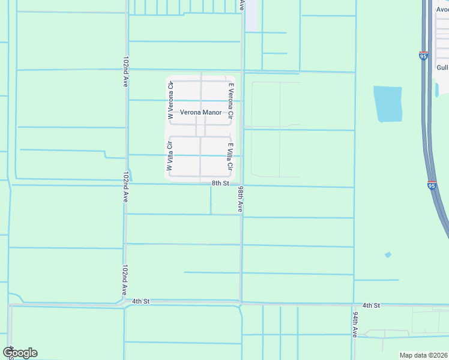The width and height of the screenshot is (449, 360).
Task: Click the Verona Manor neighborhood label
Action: tap(200, 112)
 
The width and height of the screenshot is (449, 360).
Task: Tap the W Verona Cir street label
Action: tap(170, 101)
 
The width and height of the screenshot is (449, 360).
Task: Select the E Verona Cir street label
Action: tap(230, 100)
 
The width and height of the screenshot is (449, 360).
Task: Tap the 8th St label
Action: tap(220, 183)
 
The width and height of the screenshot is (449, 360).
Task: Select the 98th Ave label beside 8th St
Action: tap(240, 199)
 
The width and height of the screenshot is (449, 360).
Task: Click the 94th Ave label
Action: tap(355, 324)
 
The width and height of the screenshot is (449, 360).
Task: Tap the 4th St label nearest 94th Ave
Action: tap(372, 305)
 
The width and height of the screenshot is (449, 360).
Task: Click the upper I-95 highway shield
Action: tap(423, 55)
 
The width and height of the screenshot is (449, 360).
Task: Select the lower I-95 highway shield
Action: tap(432, 185)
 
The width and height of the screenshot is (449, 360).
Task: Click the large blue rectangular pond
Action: tap(387, 104)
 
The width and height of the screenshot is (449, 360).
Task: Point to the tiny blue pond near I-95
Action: tap(388, 255)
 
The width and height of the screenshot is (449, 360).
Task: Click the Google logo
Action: tap(20, 353)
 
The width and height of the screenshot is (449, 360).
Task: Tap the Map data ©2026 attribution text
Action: tap(424, 355)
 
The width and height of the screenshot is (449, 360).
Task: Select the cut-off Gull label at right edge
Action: tap(442, 68)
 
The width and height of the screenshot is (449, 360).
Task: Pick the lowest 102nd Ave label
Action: tap(125, 279)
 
